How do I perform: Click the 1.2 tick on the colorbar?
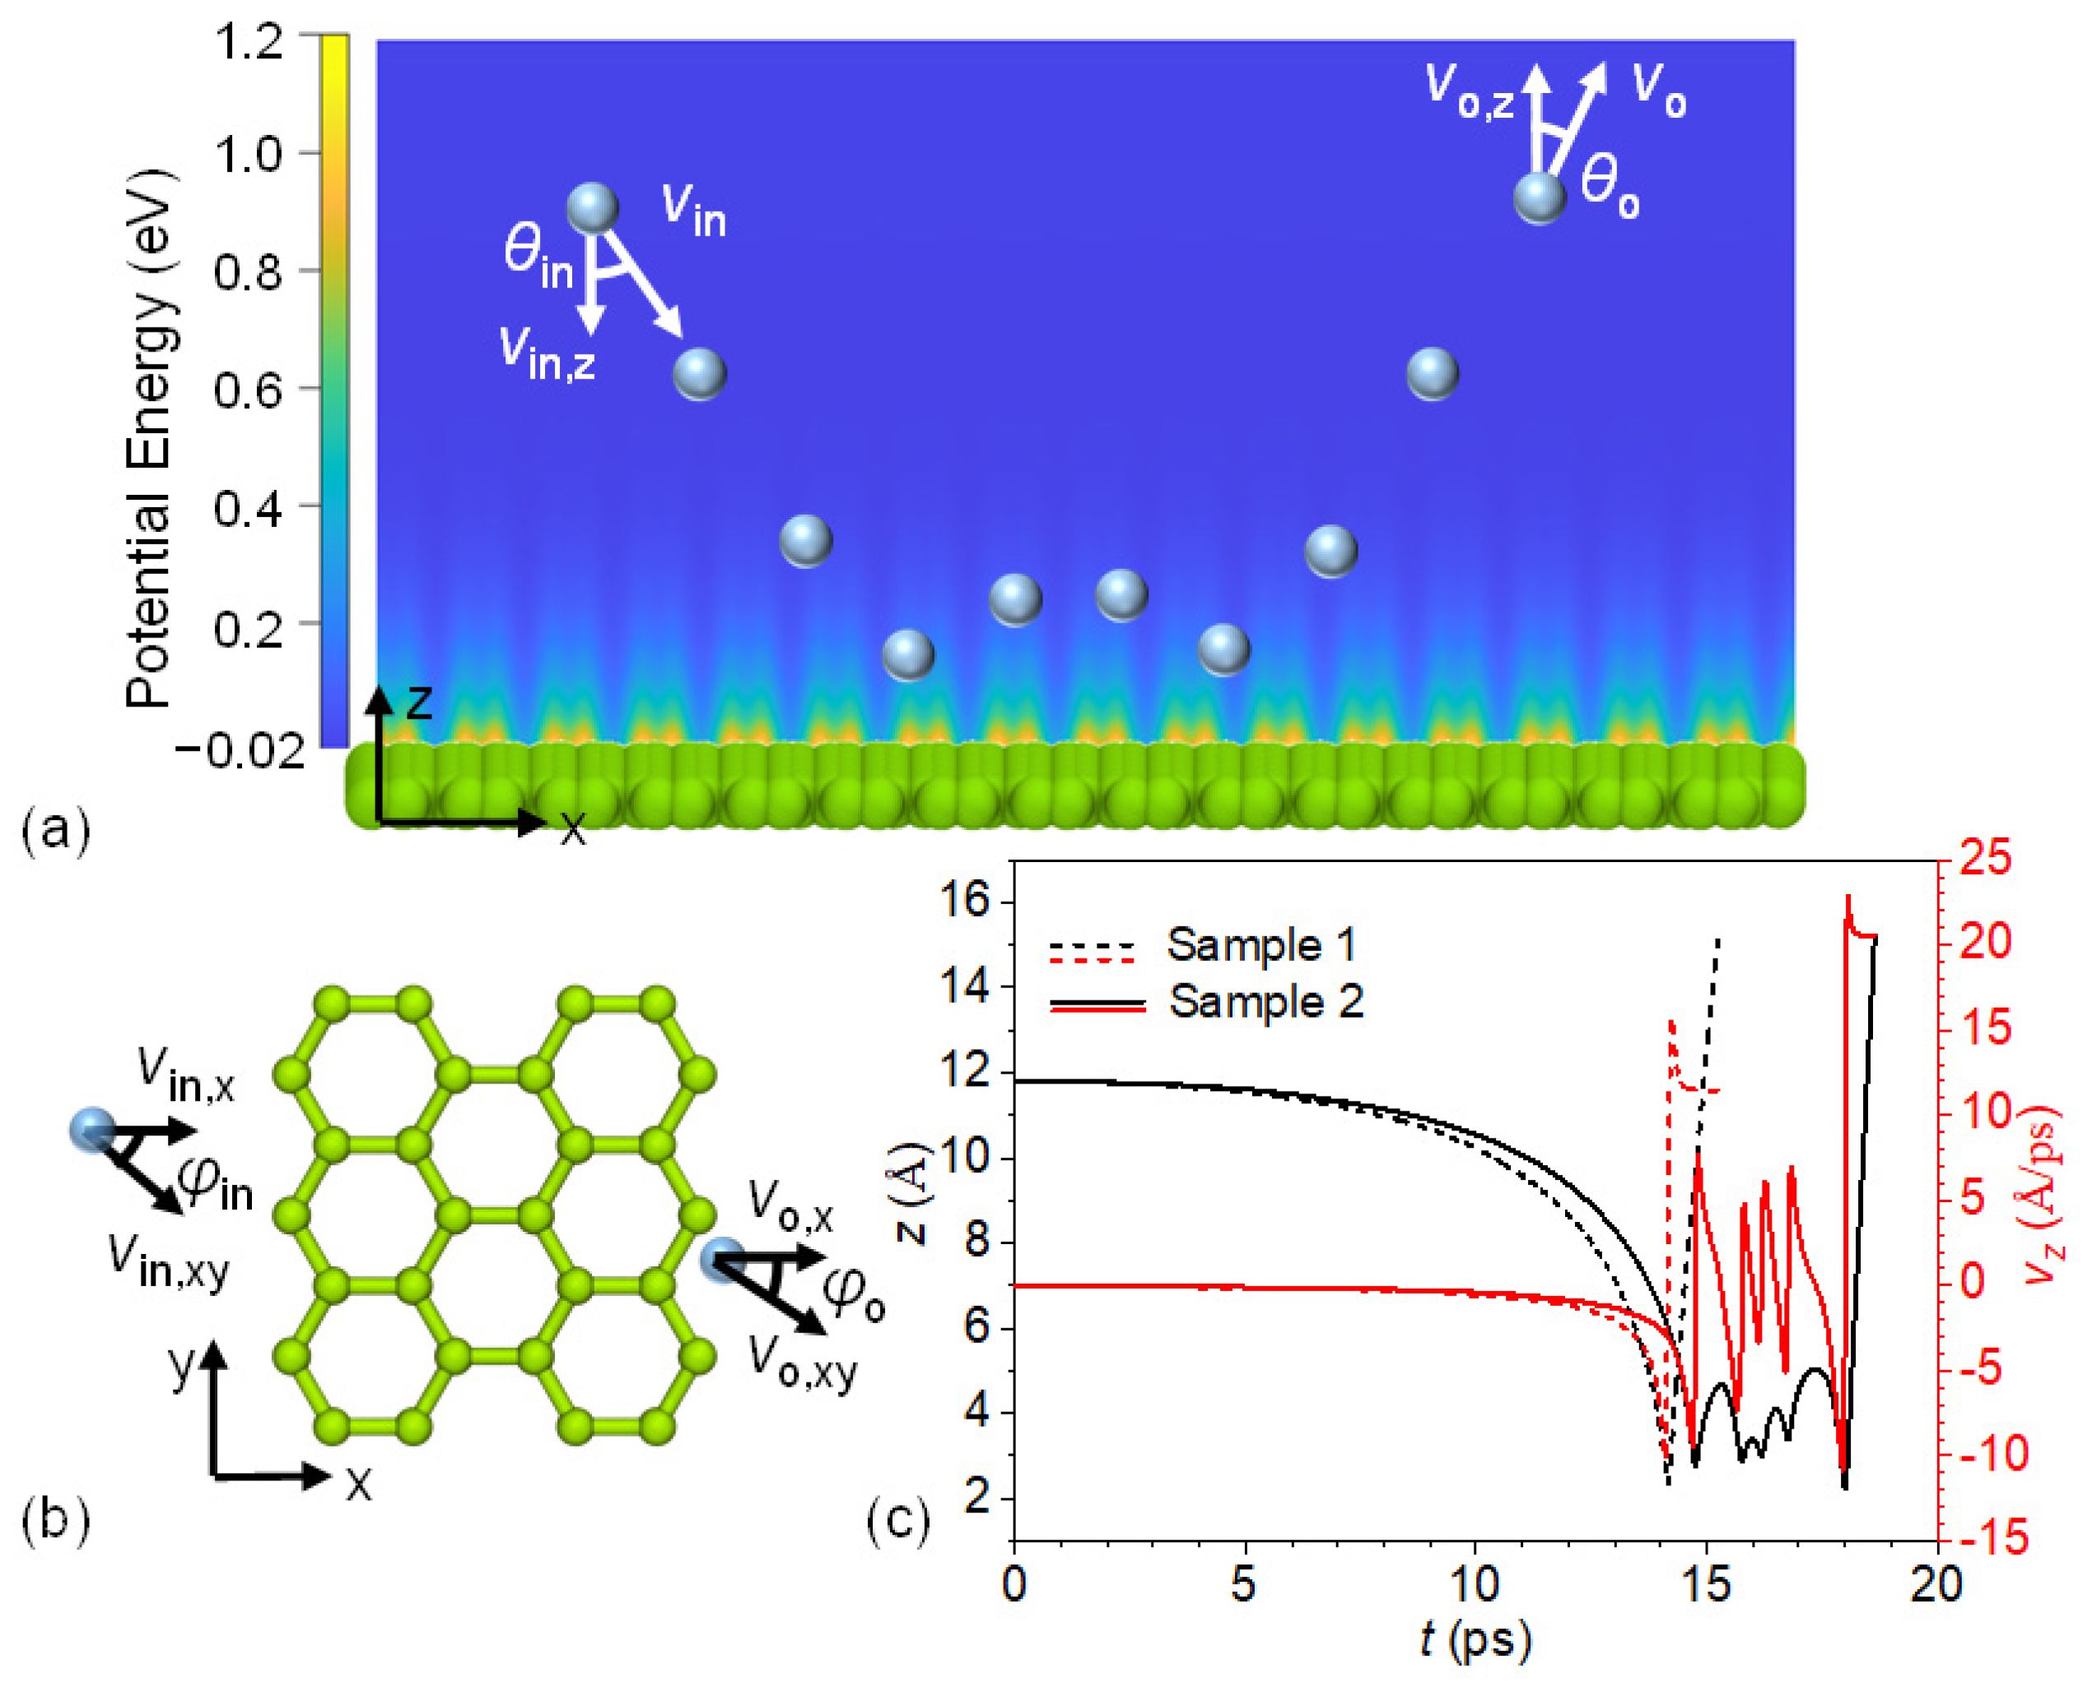point(249,44)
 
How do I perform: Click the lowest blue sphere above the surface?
point(908,655)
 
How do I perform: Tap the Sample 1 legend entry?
point(1260,945)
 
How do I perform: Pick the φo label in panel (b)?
point(853,1297)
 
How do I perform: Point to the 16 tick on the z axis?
point(965,902)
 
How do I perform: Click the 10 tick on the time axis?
point(1475,1584)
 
